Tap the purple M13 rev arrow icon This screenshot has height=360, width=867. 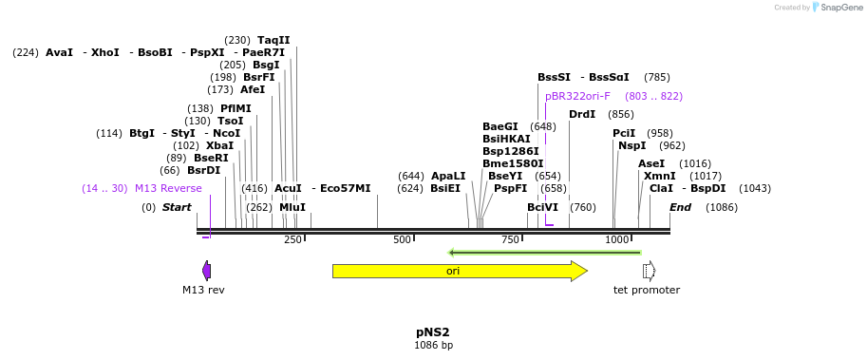[x=206, y=271]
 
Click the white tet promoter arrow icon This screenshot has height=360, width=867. [x=649, y=271]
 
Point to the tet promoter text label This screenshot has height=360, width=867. [x=647, y=290]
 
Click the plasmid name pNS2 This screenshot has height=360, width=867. [x=432, y=332]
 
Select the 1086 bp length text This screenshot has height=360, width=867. [x=433, y=346]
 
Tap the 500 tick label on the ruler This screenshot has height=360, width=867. [x=402, y=240]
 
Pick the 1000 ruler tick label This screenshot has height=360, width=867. [x=617, y=240]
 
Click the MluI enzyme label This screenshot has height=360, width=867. [x=292, y=207]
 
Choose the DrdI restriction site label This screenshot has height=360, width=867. [x=582, y=114]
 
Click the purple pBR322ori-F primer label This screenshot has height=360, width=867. [x=577, y=96]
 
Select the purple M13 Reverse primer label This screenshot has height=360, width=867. [x=168, y=188]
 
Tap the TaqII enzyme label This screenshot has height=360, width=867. [x=273, y=40]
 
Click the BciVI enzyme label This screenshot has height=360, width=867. [x=542, y=207]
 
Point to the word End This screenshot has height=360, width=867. [x=680, y=207]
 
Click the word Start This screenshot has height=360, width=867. [x=177, y=207]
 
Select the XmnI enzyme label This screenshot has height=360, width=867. [x=660, y=176]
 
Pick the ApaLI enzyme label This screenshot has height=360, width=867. [x=448, y=176]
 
